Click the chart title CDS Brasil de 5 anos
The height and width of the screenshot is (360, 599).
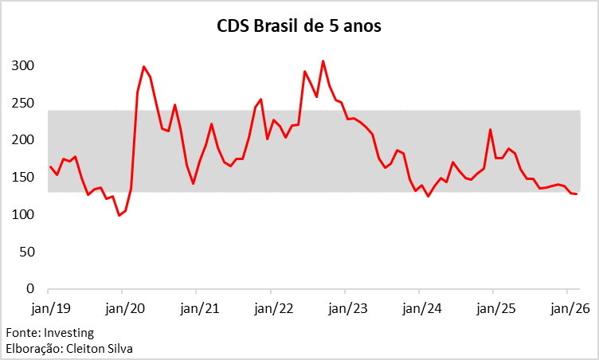click(299, 26)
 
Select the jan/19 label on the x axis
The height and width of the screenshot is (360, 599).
click(49, 308)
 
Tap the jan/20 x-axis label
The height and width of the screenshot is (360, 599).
click(123, 308)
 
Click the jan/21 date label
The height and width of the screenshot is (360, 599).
click(198, 308)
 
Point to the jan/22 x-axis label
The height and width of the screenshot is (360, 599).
click(272, 308)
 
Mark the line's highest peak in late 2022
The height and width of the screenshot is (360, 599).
click(323, 61)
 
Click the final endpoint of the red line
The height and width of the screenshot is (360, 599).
click(577, 194)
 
